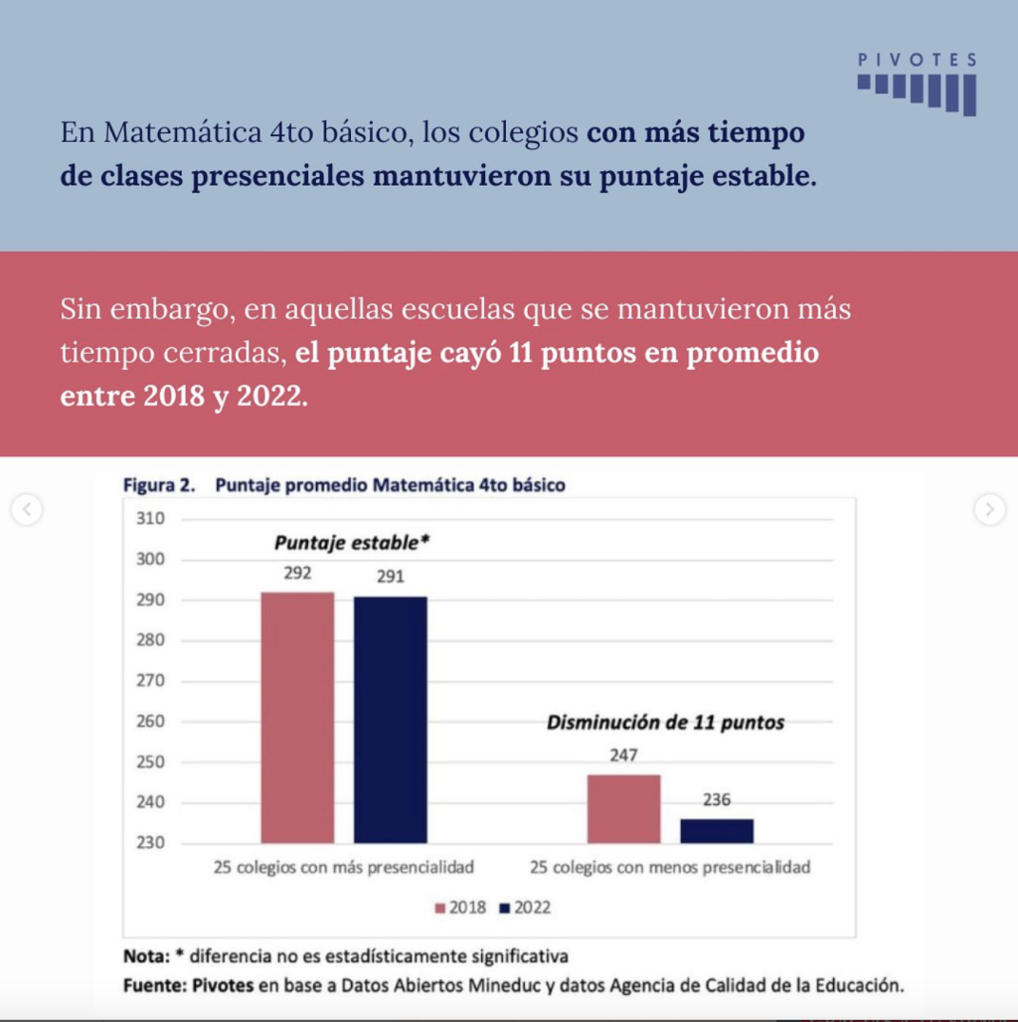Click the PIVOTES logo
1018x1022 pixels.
917,85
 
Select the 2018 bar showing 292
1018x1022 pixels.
298,718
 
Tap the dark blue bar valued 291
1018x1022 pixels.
391,720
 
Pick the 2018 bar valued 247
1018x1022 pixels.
623,809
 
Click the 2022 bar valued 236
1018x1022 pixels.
717,831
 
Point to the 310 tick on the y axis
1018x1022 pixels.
150,519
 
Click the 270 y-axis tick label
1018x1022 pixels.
150,680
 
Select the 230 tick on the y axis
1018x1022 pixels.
150,843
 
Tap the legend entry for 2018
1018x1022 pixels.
460,908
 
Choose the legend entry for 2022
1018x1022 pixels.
525,908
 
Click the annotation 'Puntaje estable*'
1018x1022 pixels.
352,543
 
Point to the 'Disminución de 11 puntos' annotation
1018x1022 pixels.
665,722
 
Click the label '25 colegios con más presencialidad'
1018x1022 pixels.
343,868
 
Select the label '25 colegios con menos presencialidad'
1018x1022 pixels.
670,868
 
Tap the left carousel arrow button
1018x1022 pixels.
27,509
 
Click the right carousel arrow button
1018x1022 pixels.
990,509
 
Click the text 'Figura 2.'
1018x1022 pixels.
159,485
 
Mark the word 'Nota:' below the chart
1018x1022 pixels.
147,956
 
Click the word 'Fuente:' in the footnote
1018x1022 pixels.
155,985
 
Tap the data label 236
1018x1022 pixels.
717,799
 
